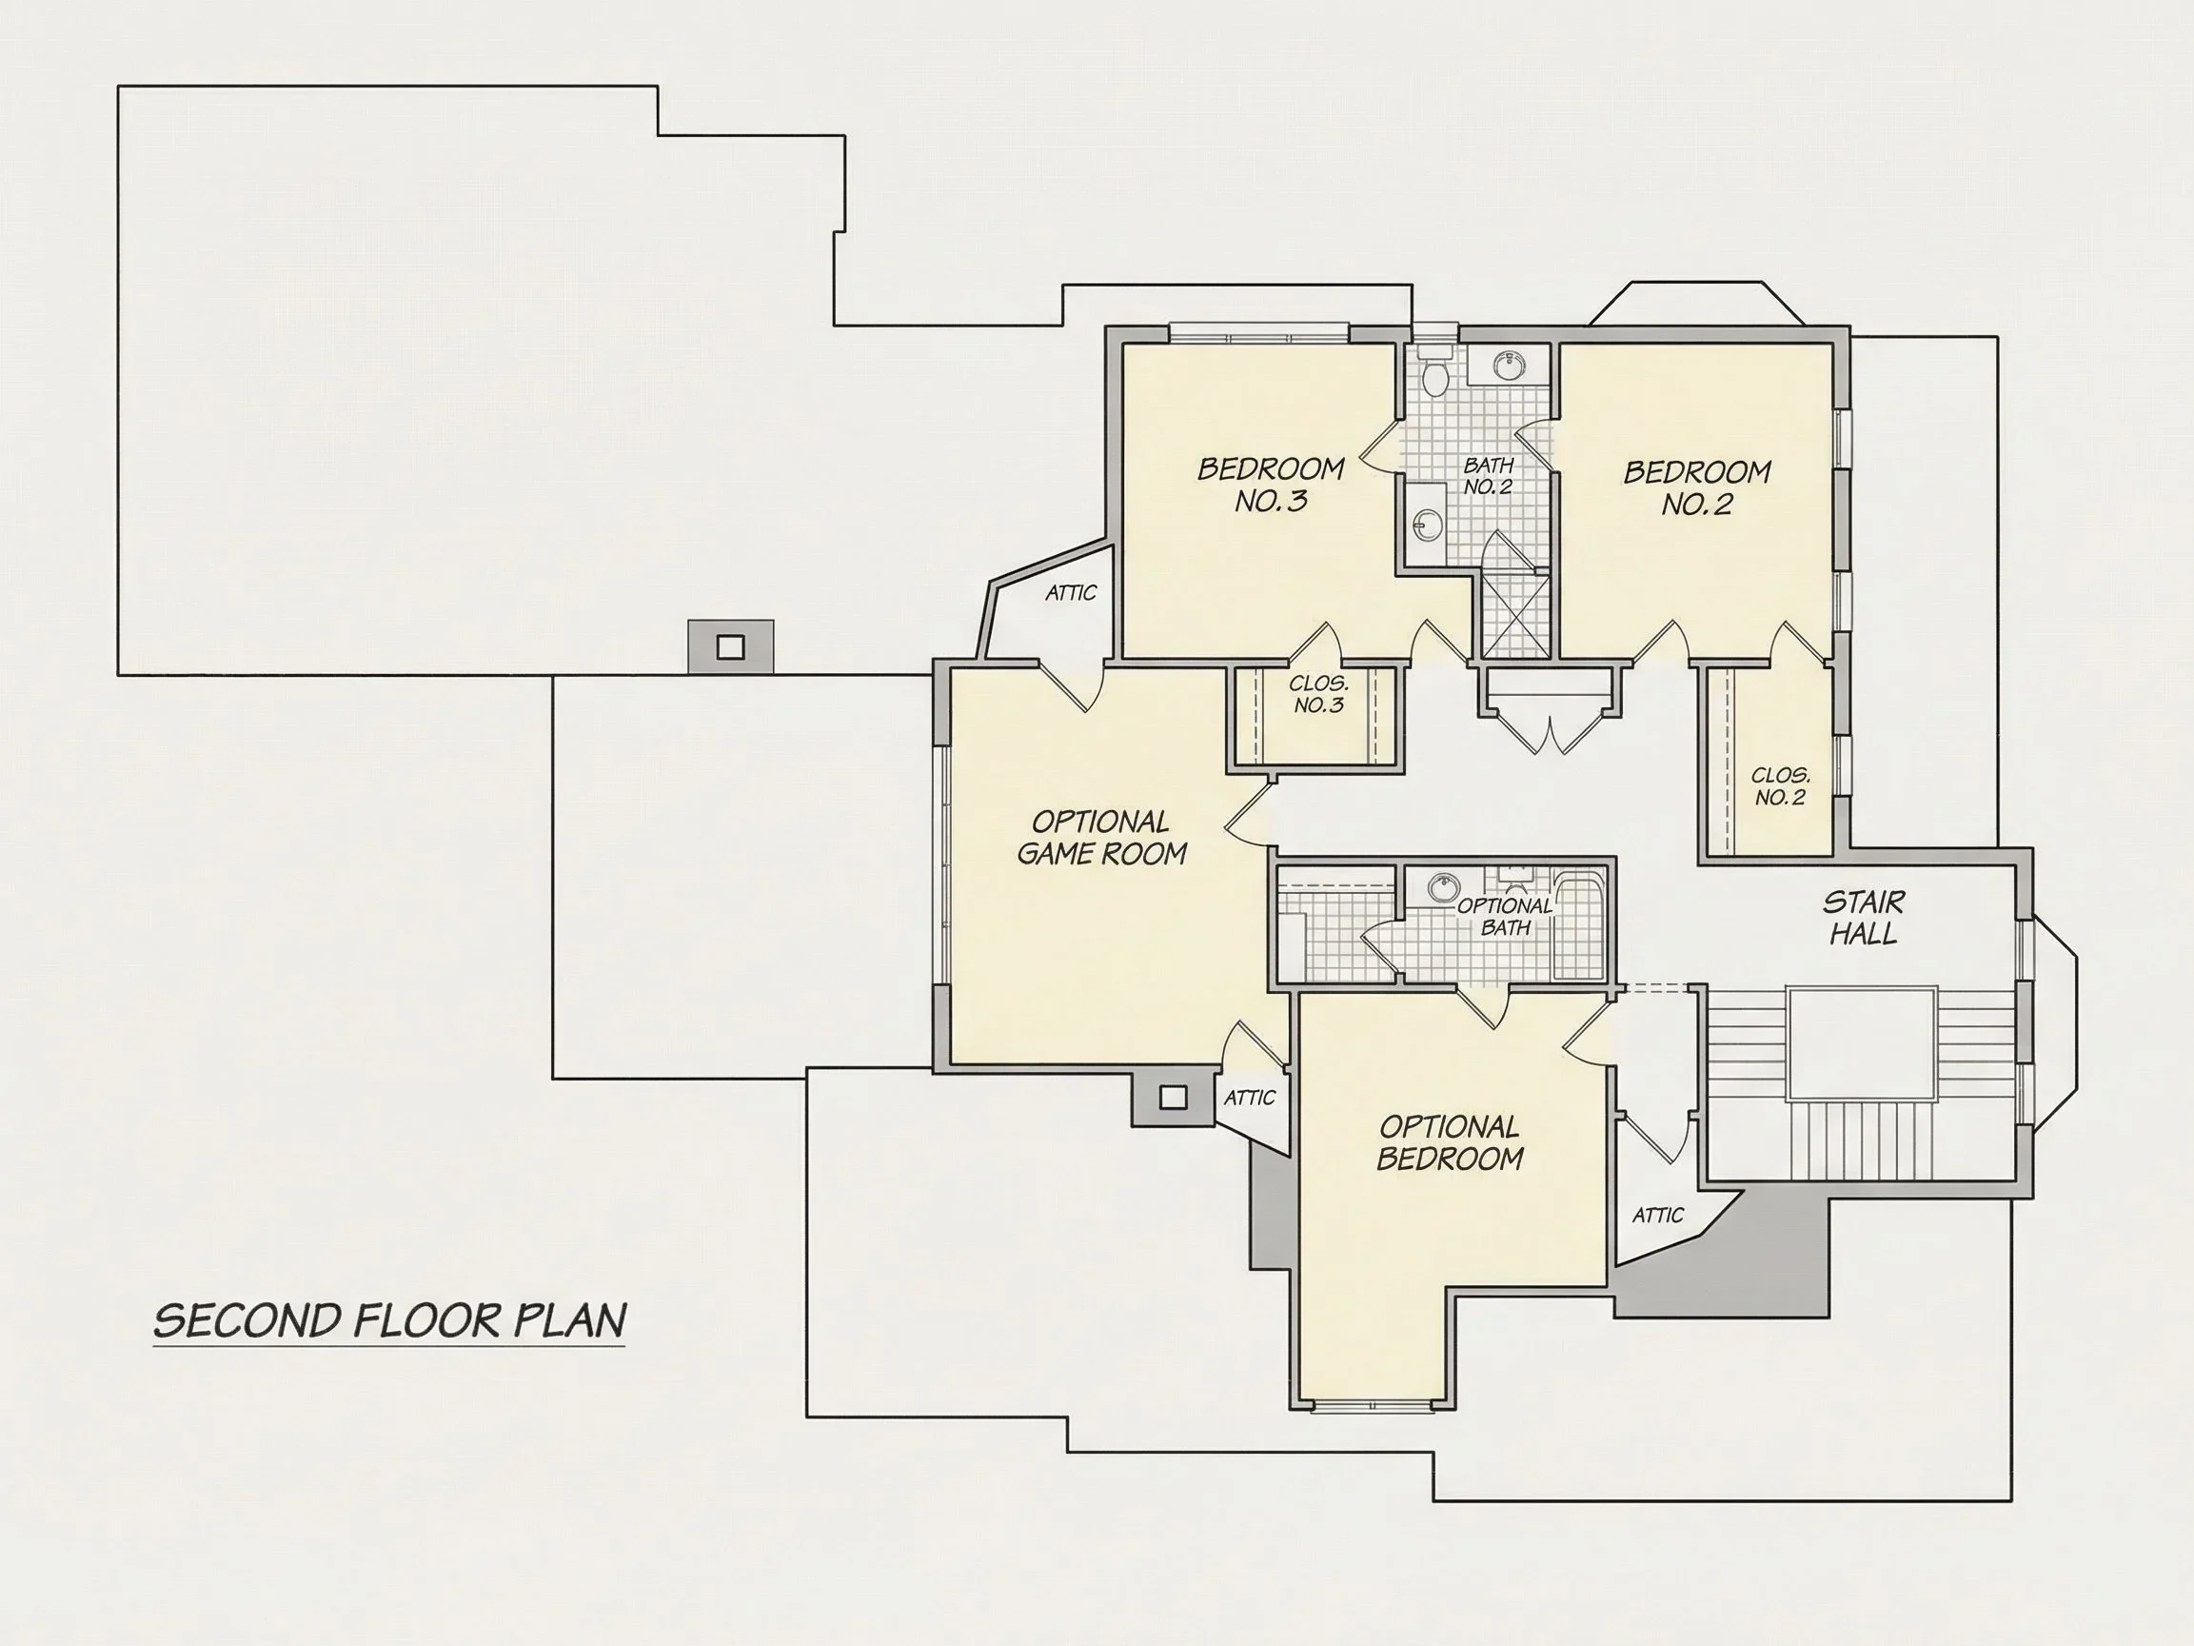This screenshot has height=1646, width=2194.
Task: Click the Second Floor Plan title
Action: click(390, 1320)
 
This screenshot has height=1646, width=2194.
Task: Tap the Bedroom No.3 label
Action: click(1271, 485)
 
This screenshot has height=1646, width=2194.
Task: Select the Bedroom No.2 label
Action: click(1697, 487)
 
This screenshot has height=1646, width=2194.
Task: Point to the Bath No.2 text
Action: click(1488, 476)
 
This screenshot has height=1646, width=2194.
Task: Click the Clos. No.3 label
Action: click(1318, 695)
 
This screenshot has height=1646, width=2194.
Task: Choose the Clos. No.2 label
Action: click(1780, 786)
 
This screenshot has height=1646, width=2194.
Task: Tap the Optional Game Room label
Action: click(1102, 838)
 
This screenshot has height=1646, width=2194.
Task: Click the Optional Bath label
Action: click(1505, 917)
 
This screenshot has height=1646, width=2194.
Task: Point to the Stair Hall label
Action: click(1864, 918)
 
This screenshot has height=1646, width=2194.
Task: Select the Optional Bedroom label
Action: click(1450, 1142)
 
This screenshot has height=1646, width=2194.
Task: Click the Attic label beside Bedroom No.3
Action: click(1071, 592)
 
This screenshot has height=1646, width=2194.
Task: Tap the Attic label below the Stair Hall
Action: click(1658, 1215)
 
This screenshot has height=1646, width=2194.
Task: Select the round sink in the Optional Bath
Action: click(1443, 887)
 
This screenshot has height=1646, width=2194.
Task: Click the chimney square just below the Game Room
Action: click(1174, 1097)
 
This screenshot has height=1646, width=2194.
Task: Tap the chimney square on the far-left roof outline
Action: click(730, 647)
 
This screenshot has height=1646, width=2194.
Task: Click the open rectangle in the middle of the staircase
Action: click(1862, 1042)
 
